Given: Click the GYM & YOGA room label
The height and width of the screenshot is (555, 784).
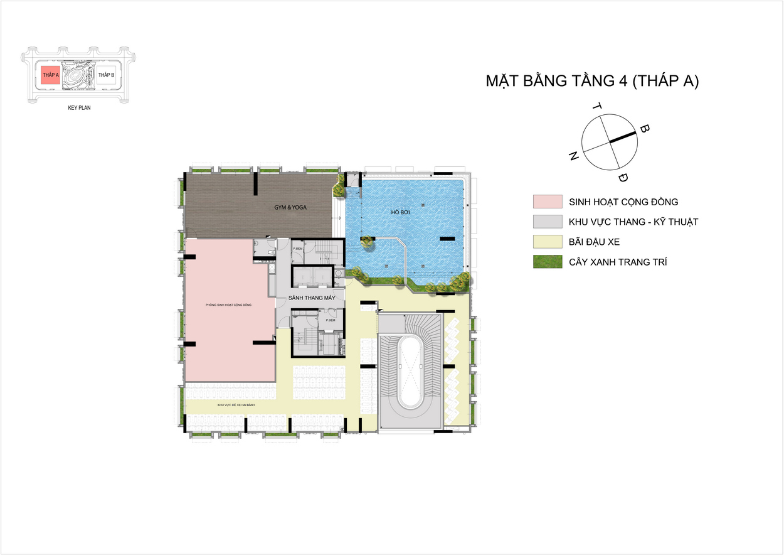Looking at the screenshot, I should tap(294, 207).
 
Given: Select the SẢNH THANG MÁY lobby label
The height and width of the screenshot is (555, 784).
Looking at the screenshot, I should tap(311, 298).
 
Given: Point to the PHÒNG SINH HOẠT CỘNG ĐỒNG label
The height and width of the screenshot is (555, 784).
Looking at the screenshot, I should tap(228, 304).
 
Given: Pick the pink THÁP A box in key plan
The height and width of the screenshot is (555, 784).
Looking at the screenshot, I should tap(50, 75).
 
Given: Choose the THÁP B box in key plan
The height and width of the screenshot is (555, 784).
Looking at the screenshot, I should tap(106, 75).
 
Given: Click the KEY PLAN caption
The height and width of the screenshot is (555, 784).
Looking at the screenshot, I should tap(80, 108).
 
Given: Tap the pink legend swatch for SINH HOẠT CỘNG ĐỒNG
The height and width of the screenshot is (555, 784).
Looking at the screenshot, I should tap(548, 202).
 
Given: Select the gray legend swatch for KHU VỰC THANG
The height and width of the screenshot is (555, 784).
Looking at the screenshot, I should tap(548, 222).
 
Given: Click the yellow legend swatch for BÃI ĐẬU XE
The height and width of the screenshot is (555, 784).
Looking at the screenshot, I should tap(548, 242).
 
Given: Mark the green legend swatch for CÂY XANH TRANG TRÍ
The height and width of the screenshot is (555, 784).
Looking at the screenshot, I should tap(548, 262).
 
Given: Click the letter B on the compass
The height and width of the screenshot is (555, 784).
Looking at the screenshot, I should tap(644, 129).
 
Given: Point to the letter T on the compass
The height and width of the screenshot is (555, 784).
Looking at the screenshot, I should tap(596, 107).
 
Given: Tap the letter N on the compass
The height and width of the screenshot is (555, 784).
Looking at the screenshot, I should tap(573, 157).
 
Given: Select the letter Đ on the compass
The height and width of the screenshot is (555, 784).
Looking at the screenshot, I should tap(622, 177).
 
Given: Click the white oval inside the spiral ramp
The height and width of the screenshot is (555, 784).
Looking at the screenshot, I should tap(411, 370).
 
